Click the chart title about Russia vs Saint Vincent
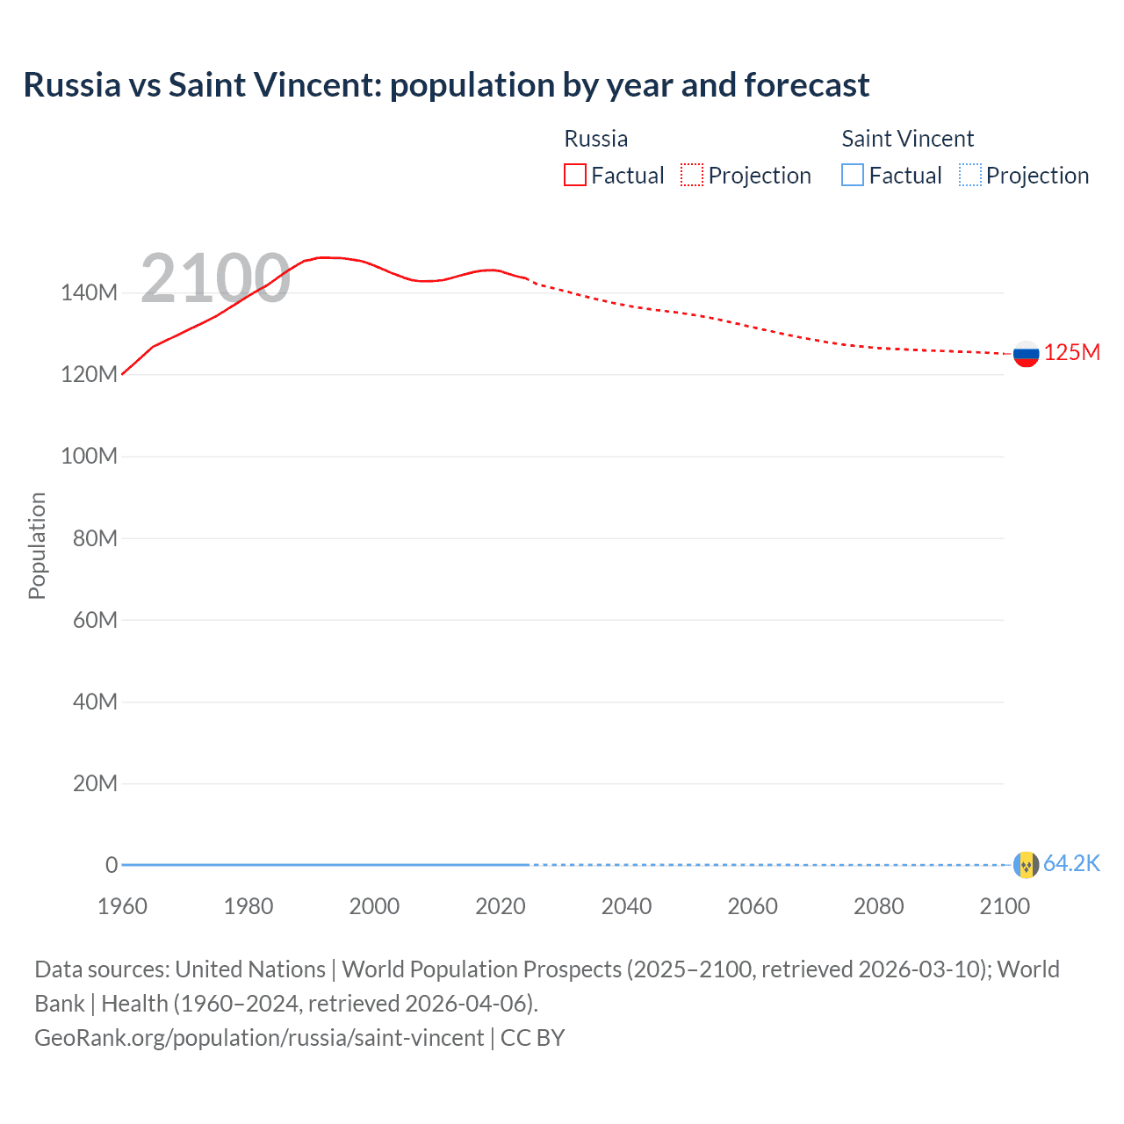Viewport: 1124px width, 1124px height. (x=446, y=85)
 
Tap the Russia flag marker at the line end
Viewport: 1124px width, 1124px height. (x=1026, y=354)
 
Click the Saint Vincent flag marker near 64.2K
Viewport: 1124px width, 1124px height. (x=1026, y=865)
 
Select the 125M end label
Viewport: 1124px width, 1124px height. (x=1071, y=353)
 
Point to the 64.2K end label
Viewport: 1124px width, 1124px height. (x=1071, y=864)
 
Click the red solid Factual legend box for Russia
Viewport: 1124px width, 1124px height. (x=575, y=176)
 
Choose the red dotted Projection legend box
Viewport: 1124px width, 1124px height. (x=692, y=176)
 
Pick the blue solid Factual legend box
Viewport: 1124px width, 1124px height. (x=853, y=176)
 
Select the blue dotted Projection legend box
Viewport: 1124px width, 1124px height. (x=970, y=176)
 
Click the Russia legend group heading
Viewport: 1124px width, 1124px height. (x=595, y=139)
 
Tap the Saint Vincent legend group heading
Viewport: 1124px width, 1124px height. (x=907, y=139)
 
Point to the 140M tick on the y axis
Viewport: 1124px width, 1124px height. (x=89, y=293)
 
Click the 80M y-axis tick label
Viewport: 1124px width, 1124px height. (x=95, y=538)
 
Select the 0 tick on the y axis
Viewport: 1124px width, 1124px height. (x=112, y=865)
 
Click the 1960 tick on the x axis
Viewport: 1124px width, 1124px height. (x=122, y=906)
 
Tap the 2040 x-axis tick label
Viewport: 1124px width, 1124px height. (x=626, y=906)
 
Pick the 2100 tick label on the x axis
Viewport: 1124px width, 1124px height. (x=1004, y=906)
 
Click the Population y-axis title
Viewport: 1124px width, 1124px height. (x=37, y=545)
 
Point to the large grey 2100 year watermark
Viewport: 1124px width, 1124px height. (x=215, y=278)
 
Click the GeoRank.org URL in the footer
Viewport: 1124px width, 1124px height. (x=259, y=1038)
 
